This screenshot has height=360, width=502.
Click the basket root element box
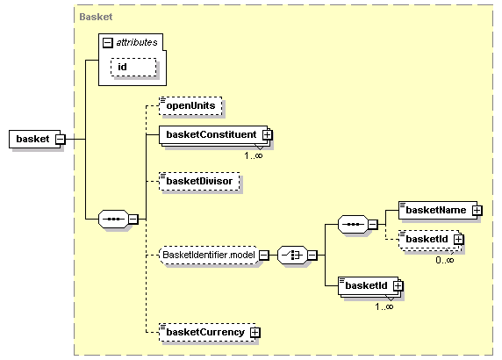[34, 139]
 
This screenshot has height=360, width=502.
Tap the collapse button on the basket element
[61, 140]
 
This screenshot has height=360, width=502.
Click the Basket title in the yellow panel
[96, 17]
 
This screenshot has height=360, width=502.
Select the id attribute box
[133, 68]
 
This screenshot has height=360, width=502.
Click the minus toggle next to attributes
[108, 43]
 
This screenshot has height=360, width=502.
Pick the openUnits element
[190, 105]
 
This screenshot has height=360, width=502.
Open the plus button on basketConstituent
[268, 135]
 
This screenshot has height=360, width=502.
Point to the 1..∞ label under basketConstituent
[254, 155]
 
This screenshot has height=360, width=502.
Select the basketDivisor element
[199, 181]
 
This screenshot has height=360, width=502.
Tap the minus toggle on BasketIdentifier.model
[264, 256]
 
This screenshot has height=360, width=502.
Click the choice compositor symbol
[292, 256]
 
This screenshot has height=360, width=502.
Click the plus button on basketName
[477, 211]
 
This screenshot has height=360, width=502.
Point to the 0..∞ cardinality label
[445, 260]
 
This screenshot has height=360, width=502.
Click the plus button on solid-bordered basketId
[398, 285]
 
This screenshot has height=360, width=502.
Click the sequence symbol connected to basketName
[353, 224]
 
